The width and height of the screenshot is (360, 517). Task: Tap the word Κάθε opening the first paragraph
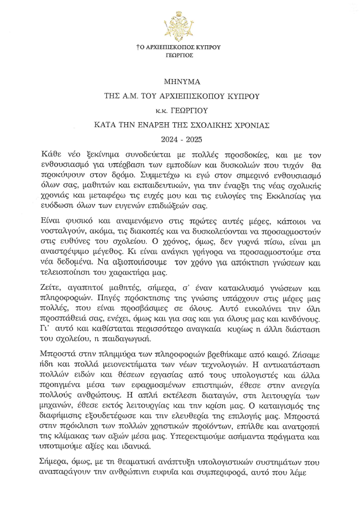pos(51,152)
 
